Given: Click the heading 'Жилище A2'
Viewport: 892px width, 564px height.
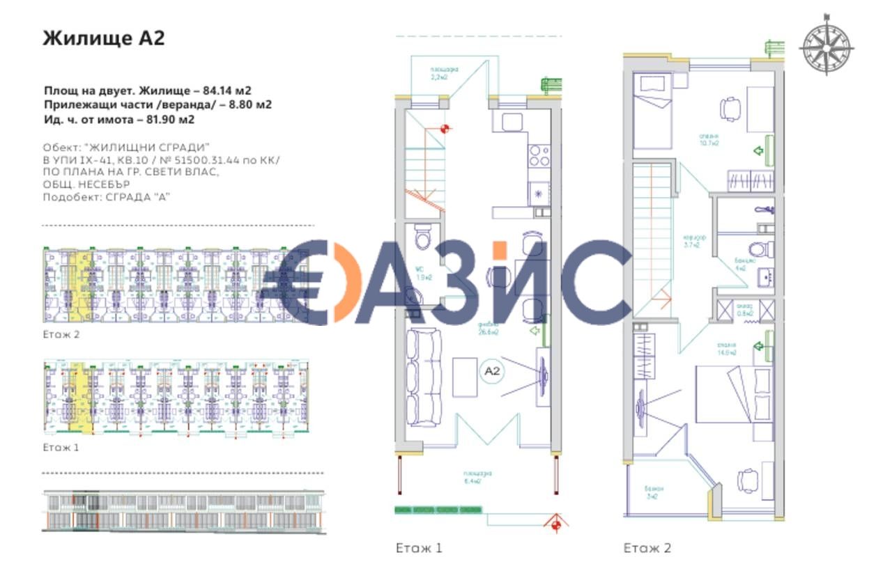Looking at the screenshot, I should pos(104,38).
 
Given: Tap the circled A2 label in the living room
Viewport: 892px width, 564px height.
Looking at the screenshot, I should pos(493,371).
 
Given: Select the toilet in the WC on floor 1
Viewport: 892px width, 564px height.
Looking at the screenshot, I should pos(423,239).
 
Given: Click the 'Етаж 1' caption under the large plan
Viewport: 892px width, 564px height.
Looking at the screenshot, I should pos(419,548).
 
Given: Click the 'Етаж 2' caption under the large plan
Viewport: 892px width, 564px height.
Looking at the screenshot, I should pos(647,548).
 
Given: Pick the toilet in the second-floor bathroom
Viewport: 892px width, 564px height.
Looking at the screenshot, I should pos(760,248).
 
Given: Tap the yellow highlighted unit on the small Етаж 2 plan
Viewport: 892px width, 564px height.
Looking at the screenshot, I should pos(79,285).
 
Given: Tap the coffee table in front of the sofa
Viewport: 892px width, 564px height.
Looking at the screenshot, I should pos(465,377).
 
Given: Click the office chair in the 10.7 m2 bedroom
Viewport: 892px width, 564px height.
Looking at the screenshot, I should pos(730,108).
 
